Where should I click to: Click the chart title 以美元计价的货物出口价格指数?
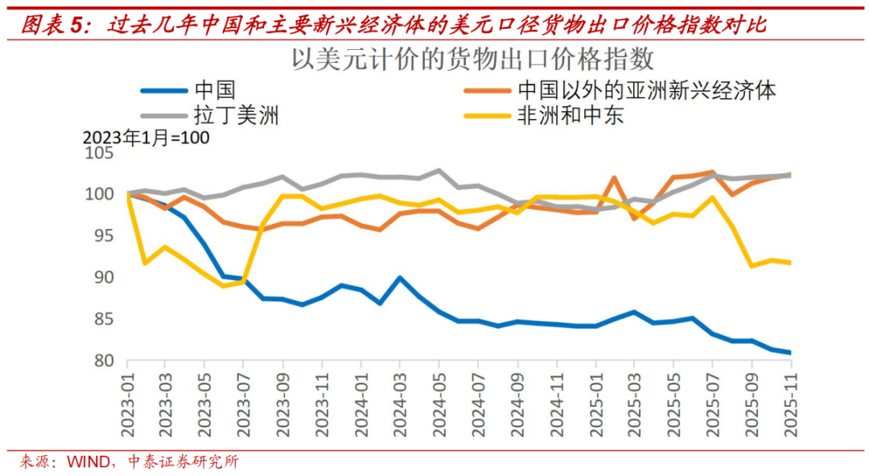pyautogui.click(x=472, y=60)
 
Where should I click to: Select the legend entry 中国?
pyautogui.click(x=214, y=91)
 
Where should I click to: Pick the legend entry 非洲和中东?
pyautogui.click(x=570, y=116)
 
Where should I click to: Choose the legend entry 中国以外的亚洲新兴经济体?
pyautogui.click(x=647, y=91)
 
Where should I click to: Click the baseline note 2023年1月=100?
pyautogui.click(x=146, y=138)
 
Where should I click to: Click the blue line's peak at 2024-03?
pyautogui.click(x=400, y=278)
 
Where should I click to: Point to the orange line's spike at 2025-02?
pyautogui.click(x=614, y=178)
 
